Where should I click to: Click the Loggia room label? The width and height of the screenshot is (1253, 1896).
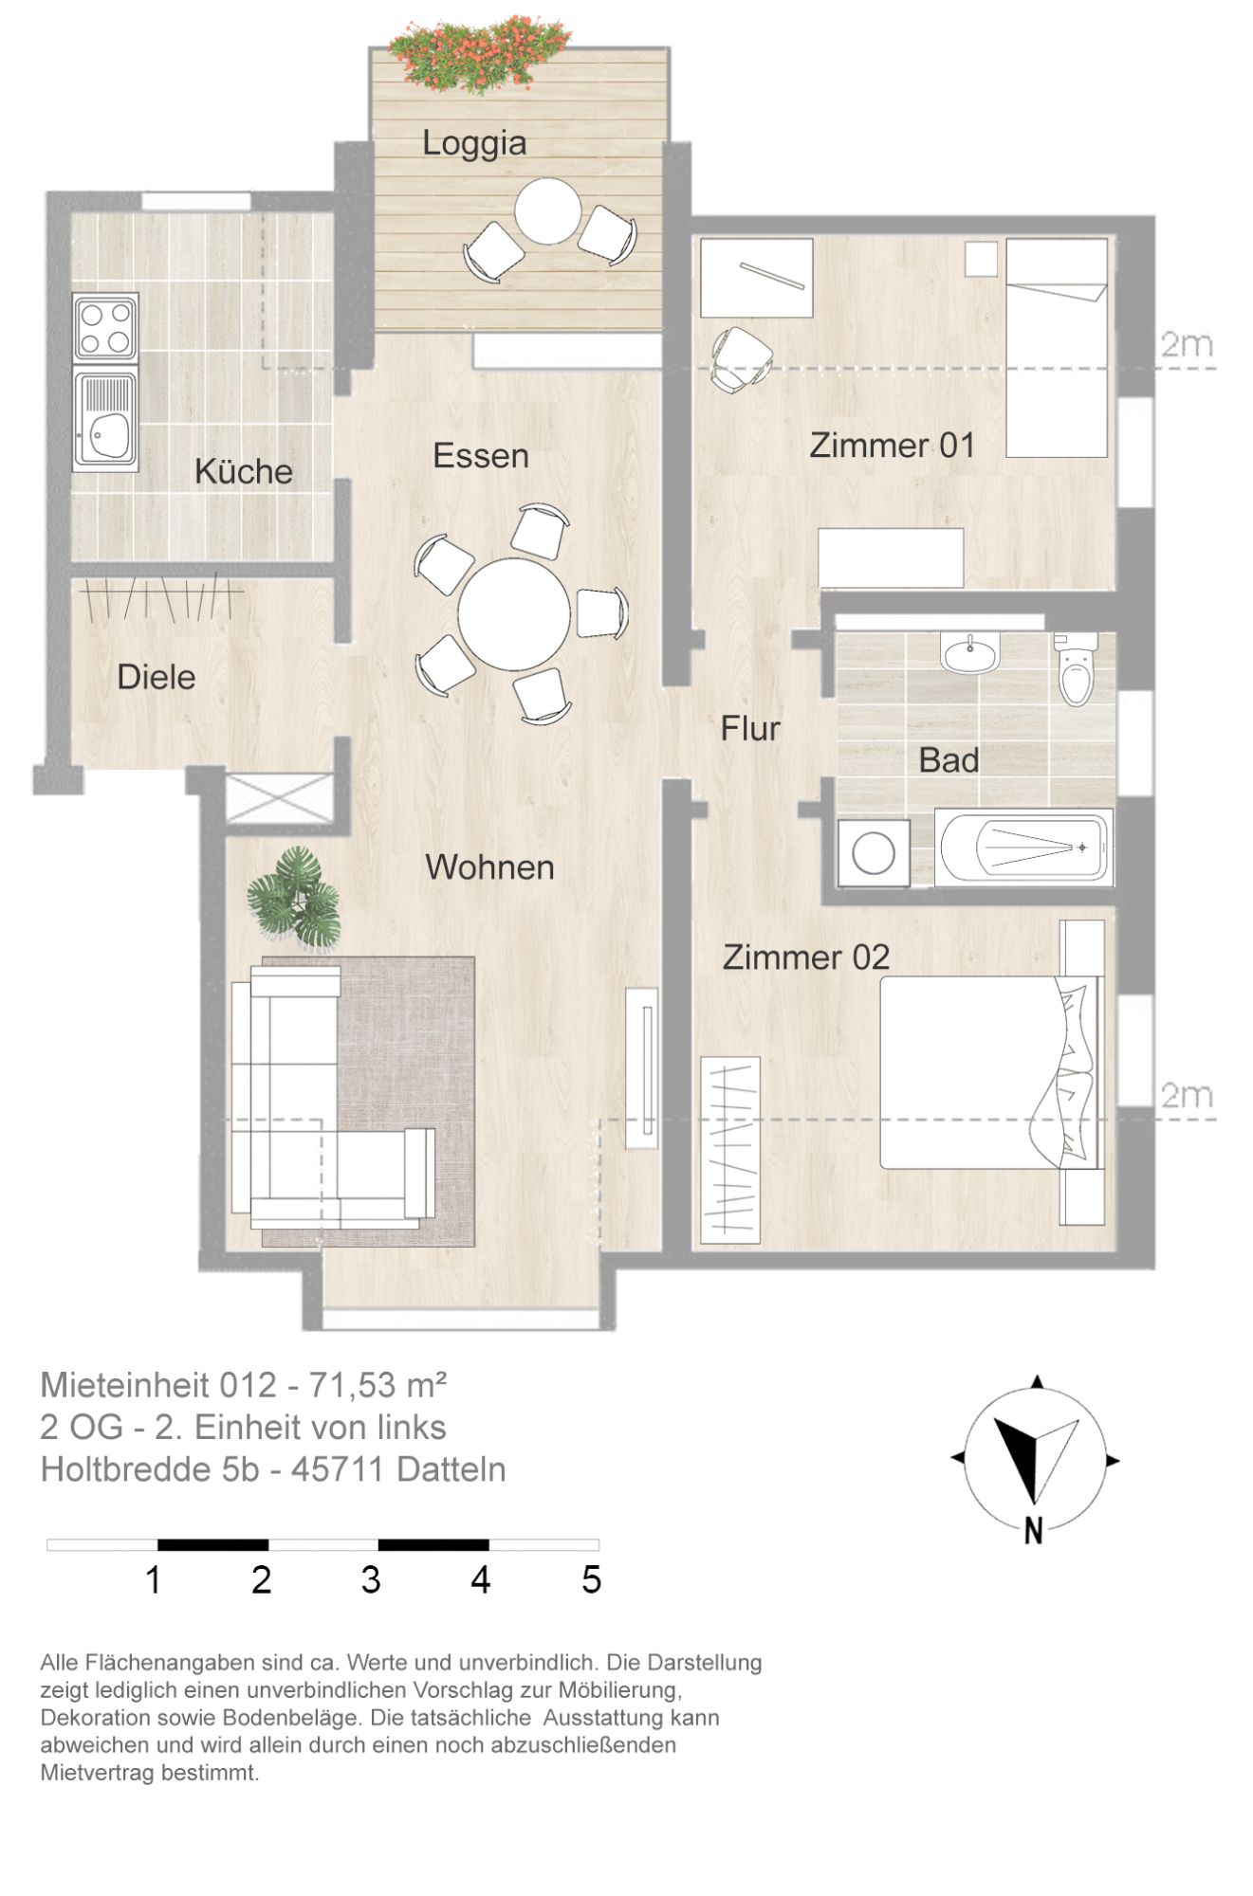(474, 143)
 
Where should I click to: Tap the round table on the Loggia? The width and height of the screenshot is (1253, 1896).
(548, 210)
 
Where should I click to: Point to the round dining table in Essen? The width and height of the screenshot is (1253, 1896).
(514, 614)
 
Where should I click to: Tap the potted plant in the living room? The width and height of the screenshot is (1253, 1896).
(295, 896)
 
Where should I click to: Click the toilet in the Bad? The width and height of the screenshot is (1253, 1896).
(1076, 669)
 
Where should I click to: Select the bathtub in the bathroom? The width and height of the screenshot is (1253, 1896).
(1023, 848)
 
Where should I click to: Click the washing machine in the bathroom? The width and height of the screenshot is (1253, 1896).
(874, 853)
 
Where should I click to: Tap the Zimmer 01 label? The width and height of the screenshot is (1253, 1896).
(892, 446)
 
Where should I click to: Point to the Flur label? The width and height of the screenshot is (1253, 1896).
(750, 729)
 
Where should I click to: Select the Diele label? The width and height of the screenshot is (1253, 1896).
(157, 678)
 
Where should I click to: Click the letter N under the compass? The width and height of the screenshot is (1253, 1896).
(1034, 1530)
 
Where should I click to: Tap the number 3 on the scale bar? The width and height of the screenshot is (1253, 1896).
(371, 1580)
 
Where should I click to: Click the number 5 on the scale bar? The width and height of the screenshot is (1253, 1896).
(591, 1580)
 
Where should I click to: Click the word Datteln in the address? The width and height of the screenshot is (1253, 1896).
(451, 1469)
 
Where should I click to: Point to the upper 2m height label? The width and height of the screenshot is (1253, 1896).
(1188, 344)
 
